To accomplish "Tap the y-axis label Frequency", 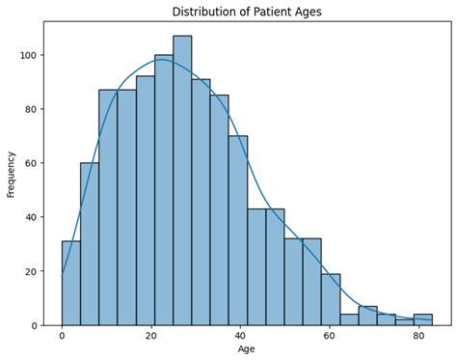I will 12,174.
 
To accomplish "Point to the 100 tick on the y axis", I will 30,55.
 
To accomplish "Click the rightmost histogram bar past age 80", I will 422,319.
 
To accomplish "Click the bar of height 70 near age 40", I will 237,231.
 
